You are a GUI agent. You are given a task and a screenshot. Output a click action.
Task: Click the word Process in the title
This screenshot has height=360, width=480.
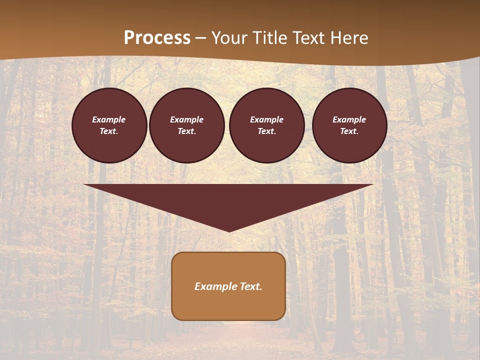click(157, 38)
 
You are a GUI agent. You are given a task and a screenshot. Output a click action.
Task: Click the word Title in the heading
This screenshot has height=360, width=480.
click(270, 38)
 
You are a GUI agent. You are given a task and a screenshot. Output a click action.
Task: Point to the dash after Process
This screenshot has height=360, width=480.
click(201, 38)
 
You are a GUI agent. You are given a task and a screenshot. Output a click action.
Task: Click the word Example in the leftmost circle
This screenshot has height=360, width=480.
click(109, 119)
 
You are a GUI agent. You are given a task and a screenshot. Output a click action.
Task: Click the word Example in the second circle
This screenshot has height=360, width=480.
click(187, 119)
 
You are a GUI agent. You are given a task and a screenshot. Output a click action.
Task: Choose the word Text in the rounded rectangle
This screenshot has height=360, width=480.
click(250, 286)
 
